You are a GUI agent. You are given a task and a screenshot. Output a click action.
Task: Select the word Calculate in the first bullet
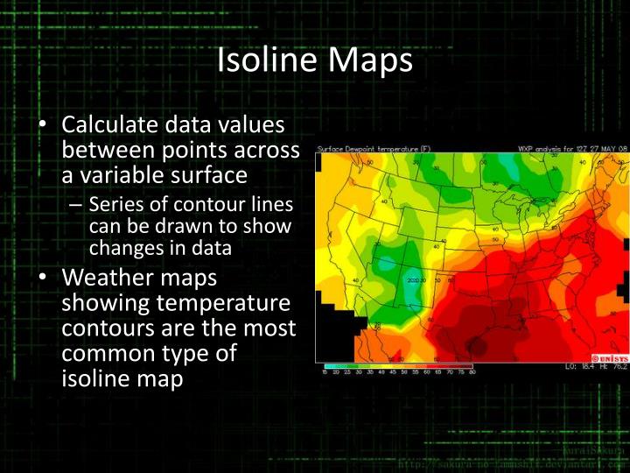tap(115, 127)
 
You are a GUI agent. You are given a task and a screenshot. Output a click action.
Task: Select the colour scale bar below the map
tap(398, 366)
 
